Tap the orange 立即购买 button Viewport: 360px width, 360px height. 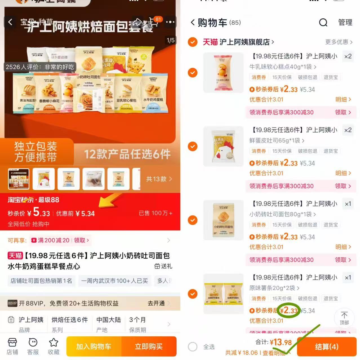coord(149,346)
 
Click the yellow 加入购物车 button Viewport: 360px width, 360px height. coord(94,346)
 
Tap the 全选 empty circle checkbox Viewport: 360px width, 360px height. coord(193,347)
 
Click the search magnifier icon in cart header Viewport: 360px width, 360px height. coord(323,22)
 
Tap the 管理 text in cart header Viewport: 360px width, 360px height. coord(345,22)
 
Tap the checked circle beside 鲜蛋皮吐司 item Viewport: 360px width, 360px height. coord(193,146)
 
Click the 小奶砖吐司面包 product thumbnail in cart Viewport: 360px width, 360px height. coord(223,220)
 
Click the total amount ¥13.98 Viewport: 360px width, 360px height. coord(281,342)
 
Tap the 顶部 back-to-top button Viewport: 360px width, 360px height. coord(344,317)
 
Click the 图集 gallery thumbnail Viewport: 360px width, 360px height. coord(19,179)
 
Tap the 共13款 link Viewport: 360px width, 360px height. coord(159,179)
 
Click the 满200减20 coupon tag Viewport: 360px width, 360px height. coord(54,240)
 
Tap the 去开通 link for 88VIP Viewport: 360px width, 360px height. coord(157,303)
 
